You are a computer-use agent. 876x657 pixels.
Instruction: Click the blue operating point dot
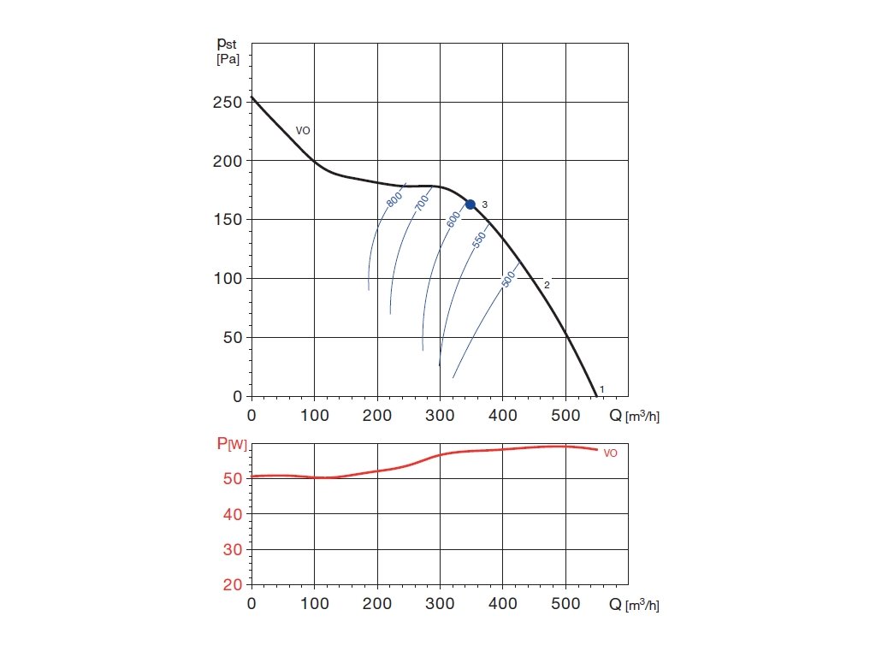click(470, 204)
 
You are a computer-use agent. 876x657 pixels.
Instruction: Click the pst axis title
click(228, 43)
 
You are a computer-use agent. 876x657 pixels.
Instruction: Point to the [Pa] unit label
click(228, 59)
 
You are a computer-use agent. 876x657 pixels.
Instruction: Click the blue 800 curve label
click(394, 199)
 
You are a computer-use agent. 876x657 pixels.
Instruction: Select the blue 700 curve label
click(422, 203)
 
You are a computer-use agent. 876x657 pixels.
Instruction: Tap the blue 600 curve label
click(453, 219)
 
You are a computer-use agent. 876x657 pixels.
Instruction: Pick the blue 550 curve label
click(479, 240)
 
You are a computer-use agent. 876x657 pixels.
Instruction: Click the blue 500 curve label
click(507, 279)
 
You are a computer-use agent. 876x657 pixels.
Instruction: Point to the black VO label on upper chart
click(303, 131)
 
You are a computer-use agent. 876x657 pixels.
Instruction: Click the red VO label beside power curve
click(610, 453)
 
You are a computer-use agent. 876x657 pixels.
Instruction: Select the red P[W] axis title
click(231, 444)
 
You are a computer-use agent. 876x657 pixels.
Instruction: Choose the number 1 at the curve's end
click(602, 390)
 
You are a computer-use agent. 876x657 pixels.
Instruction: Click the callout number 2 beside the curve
click(547, 284)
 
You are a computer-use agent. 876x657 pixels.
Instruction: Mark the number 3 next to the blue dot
click(484, 204)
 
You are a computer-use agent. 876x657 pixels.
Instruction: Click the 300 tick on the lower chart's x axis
click(440, 604)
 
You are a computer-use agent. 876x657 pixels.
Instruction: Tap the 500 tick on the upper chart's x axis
click(565, 416)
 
